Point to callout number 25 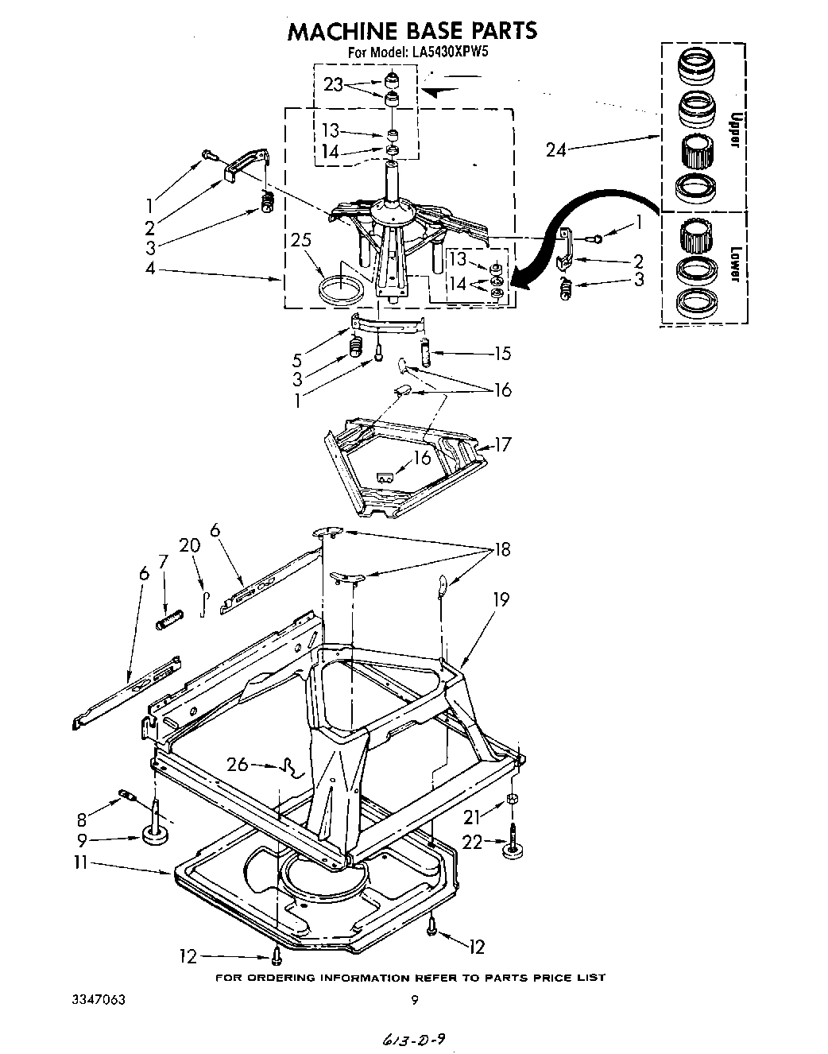(x=300, y=241)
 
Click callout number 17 (x=503, y=444)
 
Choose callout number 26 (x=238, y=765)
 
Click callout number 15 (x=502, y=354)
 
